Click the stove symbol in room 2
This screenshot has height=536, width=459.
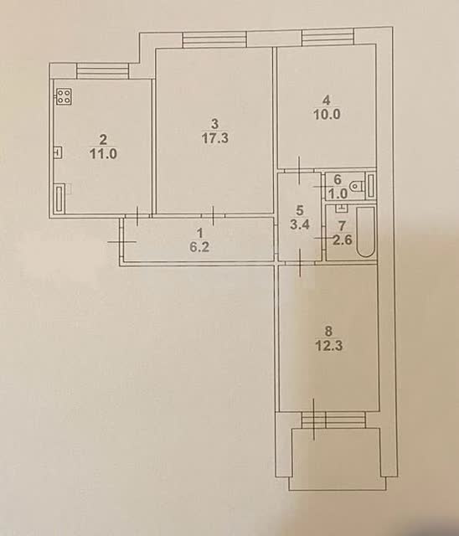(64, 96)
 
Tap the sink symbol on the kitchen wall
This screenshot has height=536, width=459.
(59, 152)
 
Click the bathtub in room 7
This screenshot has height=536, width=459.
(366, 232)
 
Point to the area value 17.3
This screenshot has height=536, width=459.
(215, 138)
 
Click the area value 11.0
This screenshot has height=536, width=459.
(103, 153)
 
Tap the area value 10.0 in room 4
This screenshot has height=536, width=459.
(327, 114)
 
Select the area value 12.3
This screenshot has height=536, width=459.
(328, 346)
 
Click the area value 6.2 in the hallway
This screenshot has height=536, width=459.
(199, 247)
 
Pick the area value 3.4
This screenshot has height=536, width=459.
(299, 224)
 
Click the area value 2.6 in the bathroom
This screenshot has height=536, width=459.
(343, 240)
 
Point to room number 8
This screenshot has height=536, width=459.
(328, 331)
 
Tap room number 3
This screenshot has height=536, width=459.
(214, 123)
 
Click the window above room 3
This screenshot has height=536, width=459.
(214, 39)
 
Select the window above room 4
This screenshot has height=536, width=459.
(327, 37)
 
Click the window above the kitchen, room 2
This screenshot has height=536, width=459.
(102, 70)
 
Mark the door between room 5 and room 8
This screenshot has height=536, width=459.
(300, 262)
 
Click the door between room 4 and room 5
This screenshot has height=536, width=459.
(299, 169)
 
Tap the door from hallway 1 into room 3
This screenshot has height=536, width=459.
(213, 216)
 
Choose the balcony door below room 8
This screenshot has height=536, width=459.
(313, 420)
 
